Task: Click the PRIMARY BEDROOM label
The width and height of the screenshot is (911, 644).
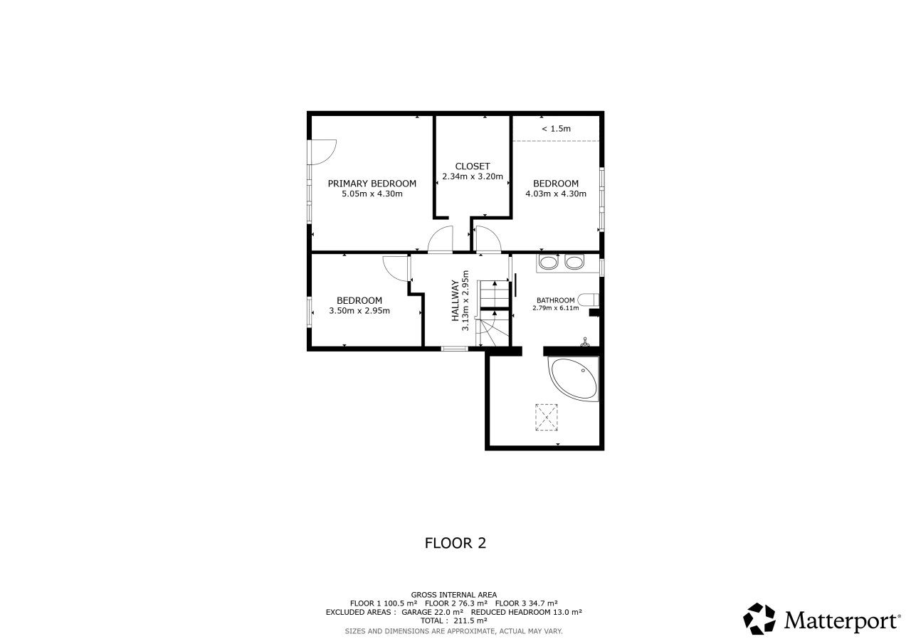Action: click(372, 184)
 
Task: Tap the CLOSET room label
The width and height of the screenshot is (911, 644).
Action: click(472, 167)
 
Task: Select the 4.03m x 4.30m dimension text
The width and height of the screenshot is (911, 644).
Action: click(556, 194)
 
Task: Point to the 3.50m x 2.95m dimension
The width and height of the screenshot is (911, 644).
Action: click(359, 311)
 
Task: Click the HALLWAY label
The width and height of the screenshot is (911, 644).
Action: click(455, 300)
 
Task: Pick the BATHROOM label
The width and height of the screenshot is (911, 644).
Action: click(556, 300)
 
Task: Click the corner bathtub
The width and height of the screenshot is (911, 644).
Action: click(574, 379)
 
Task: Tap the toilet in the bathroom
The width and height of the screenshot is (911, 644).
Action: click(588, 300)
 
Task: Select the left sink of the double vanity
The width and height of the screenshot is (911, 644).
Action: click(549, 263)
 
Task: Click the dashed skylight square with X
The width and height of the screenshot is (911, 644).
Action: click(546, 417)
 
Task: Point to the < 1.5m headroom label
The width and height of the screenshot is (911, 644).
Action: click(556, 129)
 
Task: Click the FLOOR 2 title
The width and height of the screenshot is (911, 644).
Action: click(455, 543)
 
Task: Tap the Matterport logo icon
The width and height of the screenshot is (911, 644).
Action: click(759, 619)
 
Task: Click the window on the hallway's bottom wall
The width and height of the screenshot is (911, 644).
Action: click(455, 349)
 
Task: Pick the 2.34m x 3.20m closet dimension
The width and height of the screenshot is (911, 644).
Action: click(472, 176)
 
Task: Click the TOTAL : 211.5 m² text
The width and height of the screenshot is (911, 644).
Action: click(454, 621)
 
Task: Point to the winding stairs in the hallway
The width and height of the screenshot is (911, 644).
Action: click(493, 313)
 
